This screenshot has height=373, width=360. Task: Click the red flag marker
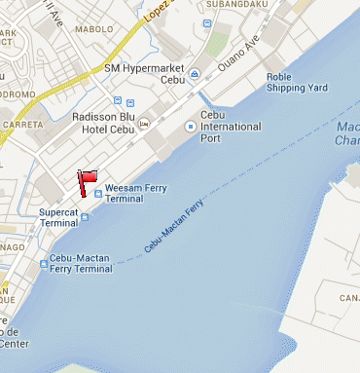87,178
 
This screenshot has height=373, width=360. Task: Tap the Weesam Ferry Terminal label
138,192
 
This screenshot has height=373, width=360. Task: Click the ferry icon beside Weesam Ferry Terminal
98,193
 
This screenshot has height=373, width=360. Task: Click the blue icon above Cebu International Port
191,127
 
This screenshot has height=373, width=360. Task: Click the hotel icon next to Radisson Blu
144,125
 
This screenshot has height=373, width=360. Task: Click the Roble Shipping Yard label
295,82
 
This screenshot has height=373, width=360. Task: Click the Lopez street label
158,12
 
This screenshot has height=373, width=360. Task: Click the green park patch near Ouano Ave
217,42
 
